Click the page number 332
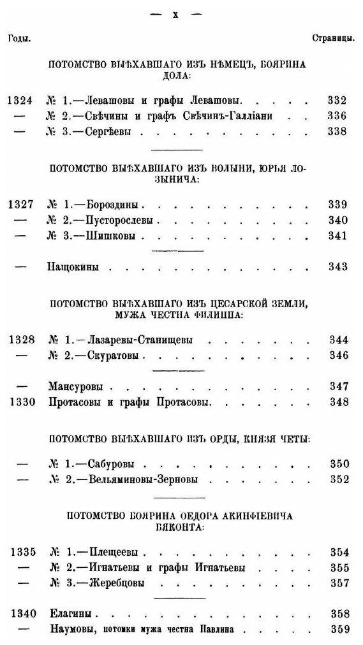334,101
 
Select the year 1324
20,101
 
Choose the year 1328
20,340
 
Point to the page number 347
334,387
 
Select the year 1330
20,403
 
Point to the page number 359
334,631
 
